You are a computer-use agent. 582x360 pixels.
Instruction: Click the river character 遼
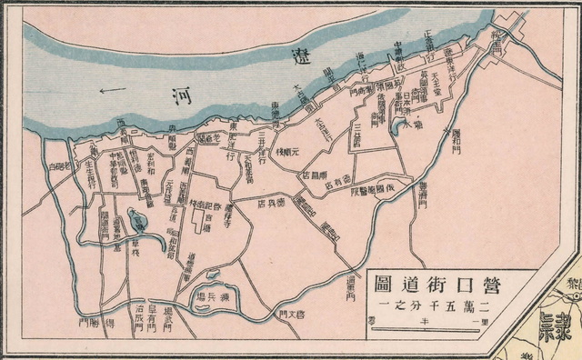[297, 54]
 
